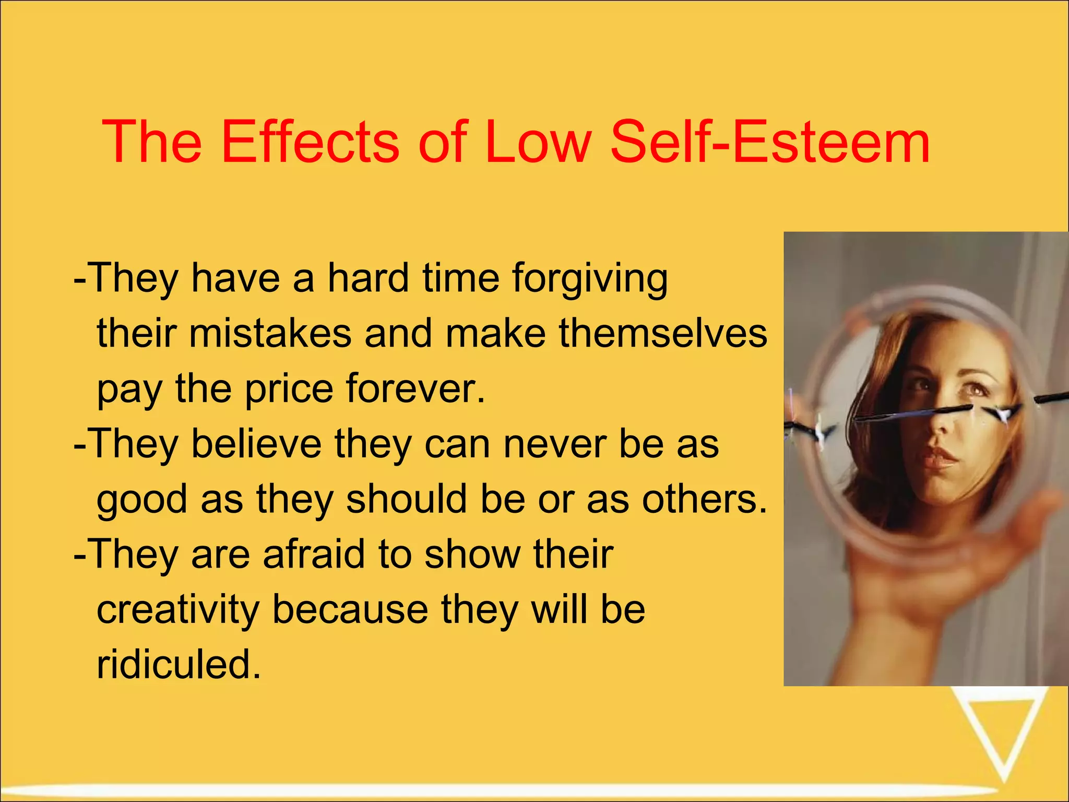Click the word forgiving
pos(589,279)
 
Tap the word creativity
pos(177,610)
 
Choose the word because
pos(350,610)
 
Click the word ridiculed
pos(178,665)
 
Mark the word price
pos(289,389)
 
